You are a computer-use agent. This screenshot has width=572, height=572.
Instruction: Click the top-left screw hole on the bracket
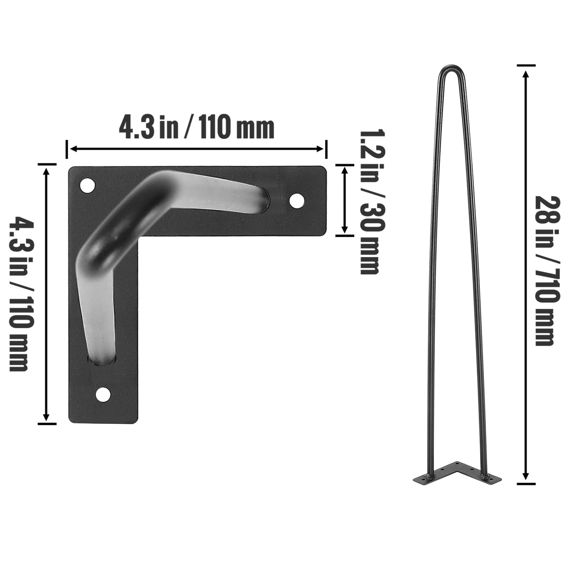tap(87, 185)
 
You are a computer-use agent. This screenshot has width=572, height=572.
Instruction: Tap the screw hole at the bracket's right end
tap(296, 201)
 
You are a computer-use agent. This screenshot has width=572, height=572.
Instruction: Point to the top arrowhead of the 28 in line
tap(526, 74)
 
